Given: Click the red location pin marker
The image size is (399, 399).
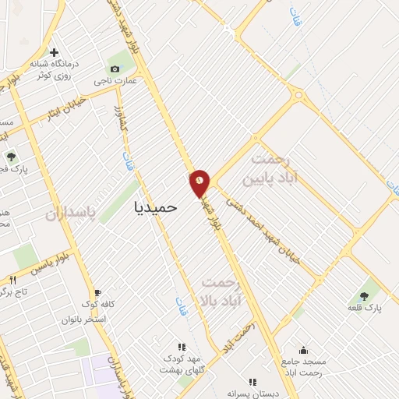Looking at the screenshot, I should tap(200, 183).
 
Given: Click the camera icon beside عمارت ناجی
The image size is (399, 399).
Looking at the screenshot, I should tap(115, 69).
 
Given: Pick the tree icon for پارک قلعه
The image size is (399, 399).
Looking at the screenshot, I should tap(364, 295).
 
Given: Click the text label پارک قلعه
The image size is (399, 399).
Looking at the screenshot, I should tap(364, 309).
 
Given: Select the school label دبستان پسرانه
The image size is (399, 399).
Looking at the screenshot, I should tap(252, 394).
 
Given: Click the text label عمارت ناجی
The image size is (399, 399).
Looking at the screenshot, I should tap(122, 80).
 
